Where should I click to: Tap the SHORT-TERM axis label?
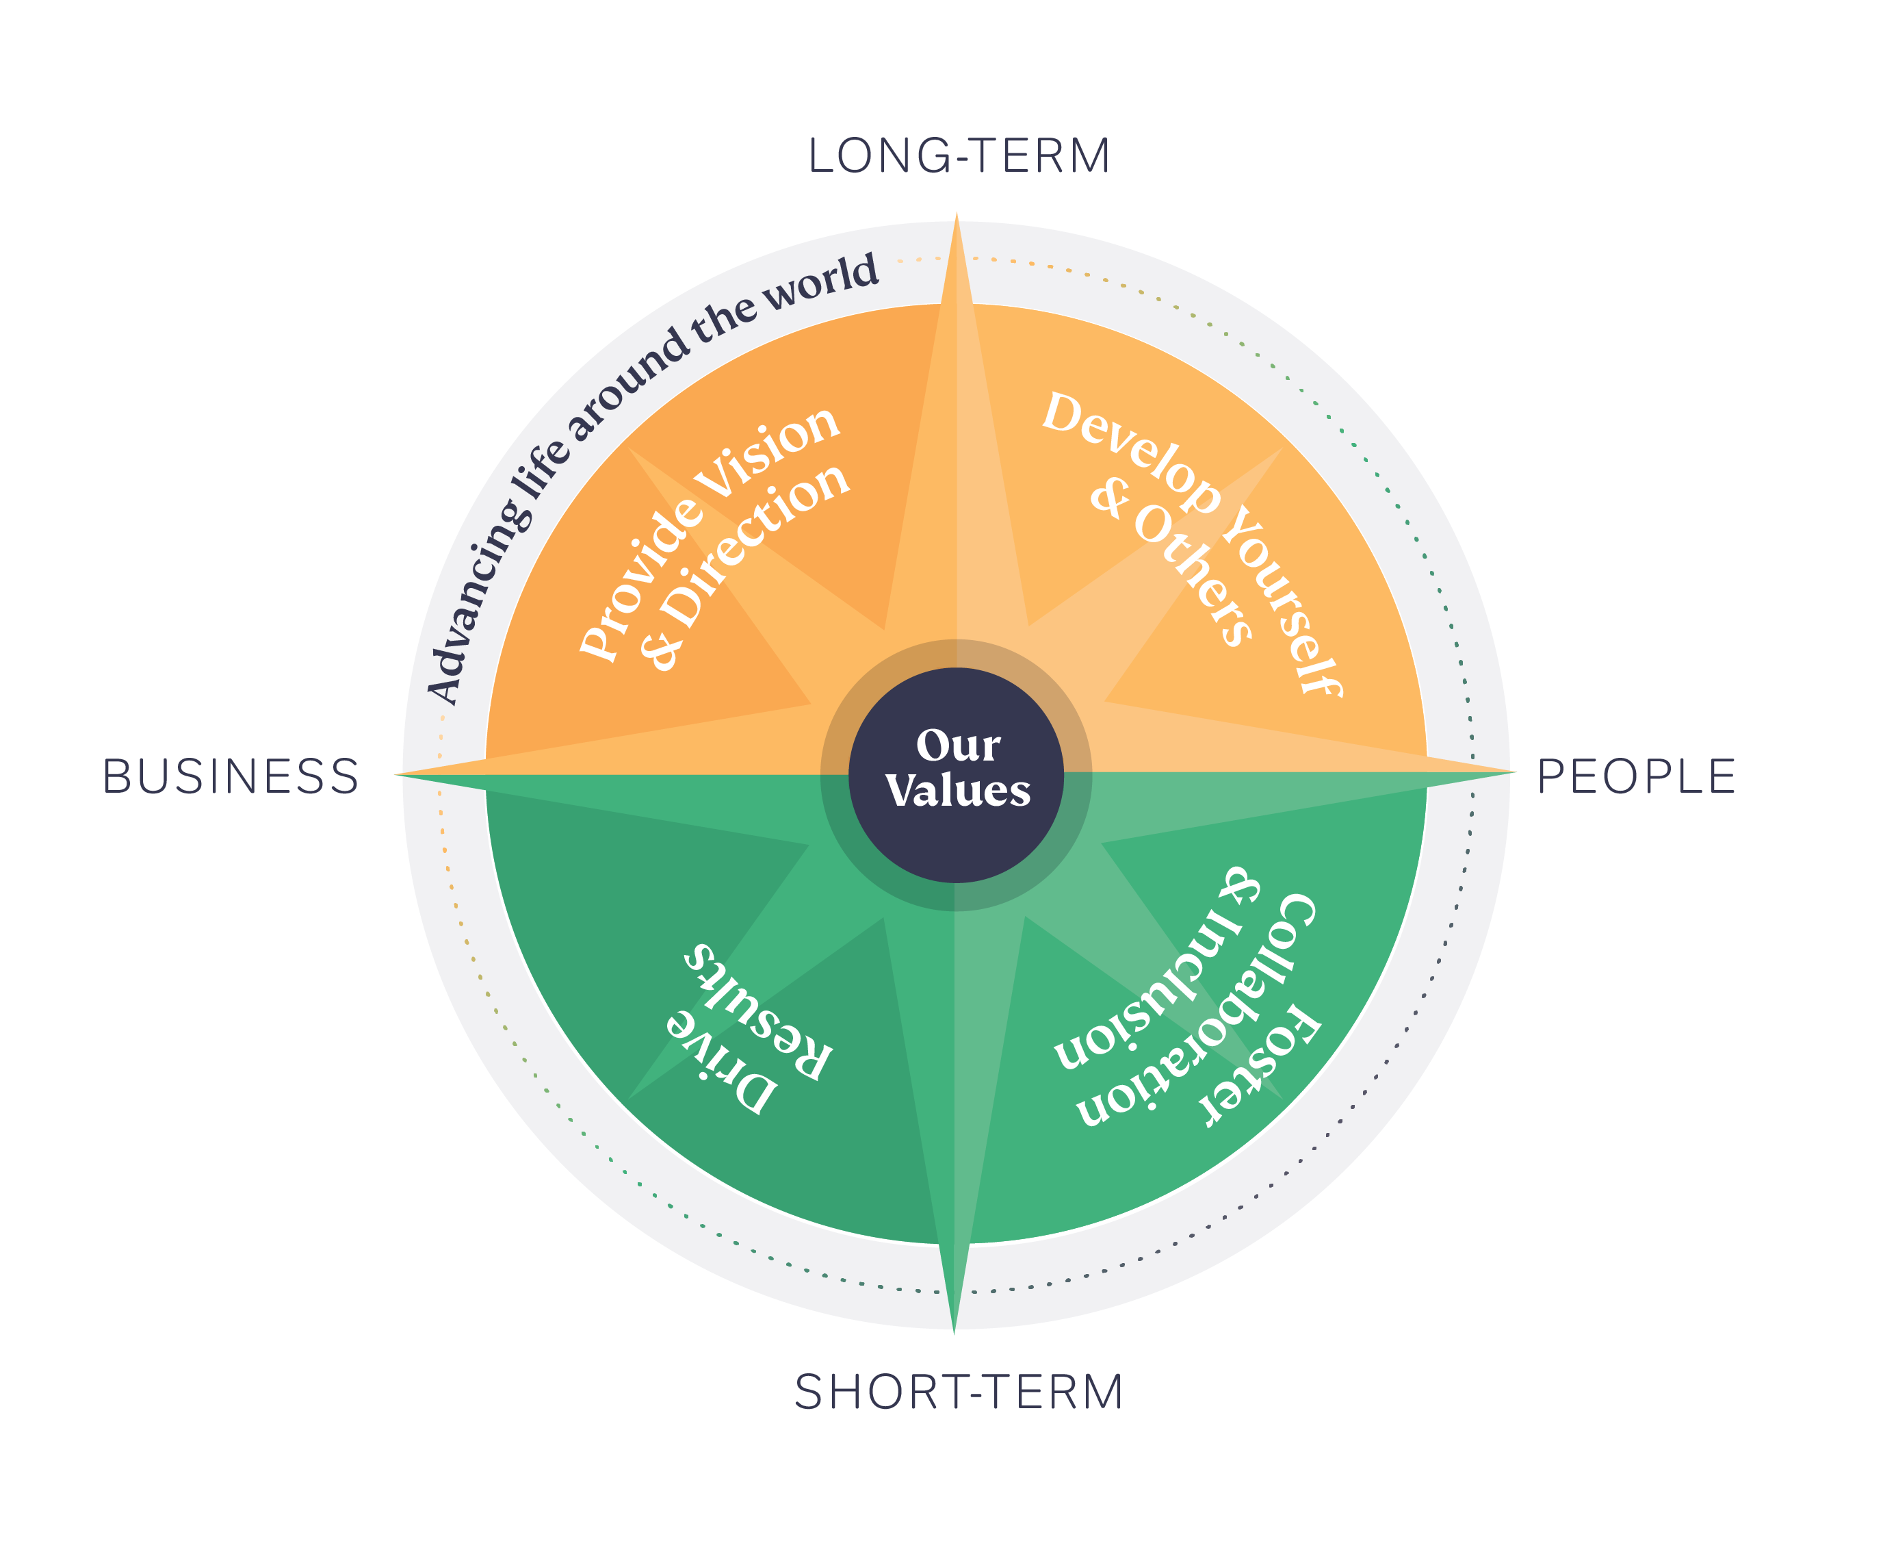(958, 1392)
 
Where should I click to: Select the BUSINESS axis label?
(231, 777)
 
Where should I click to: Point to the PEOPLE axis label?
(1636, 777)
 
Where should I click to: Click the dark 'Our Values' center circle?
(956, 774)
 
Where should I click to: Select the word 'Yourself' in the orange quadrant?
(1282, 604)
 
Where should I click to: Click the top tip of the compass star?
(956, 216)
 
